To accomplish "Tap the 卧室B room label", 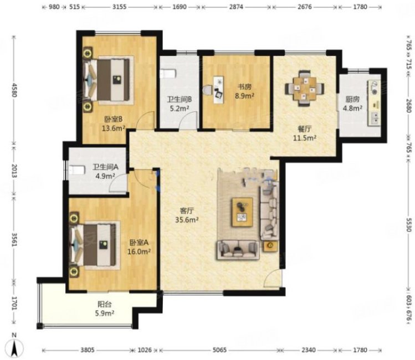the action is click(x=113, y=120).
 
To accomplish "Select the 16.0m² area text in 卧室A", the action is click(x=139, y=251).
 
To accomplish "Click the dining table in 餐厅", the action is click(x=305, y=88).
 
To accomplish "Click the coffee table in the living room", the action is click(x=242, y=212).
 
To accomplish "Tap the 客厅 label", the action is click(x=187, y=211).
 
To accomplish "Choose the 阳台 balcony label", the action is click(x=105, y=304).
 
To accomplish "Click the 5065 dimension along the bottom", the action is click(x=219, y=350).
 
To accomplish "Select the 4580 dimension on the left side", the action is click(x=14, y=90).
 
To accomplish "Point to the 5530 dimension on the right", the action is click(x=409, y=225).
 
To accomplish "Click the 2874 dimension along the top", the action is click(x=236, y=7).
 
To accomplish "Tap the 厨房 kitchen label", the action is click(x=352, y=100).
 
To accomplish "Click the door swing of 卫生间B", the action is click(x=189, y=120).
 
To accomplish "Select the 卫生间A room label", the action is click(x=105, y=167).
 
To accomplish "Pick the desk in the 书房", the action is click(x=218, y=90).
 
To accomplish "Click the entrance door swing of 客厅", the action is click(x=273, y=277).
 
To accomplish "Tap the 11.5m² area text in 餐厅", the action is click(x=305, y=137).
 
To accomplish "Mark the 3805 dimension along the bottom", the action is click(x=88, y=350).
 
